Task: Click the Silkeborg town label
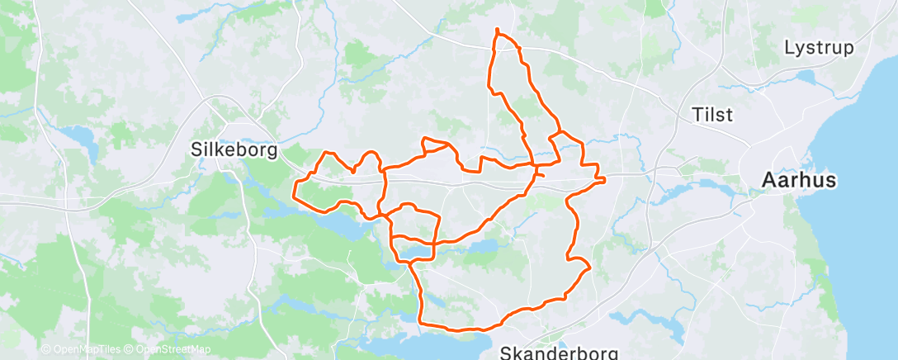click(234, 151)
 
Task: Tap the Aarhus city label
click(799, 179)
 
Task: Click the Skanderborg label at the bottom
click(560, 353)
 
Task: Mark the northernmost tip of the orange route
click(497, 30)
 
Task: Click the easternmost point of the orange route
click(605, 178)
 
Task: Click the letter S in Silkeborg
click(196, 151)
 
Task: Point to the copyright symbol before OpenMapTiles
click(45, 350)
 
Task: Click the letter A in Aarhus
click(770, 179)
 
